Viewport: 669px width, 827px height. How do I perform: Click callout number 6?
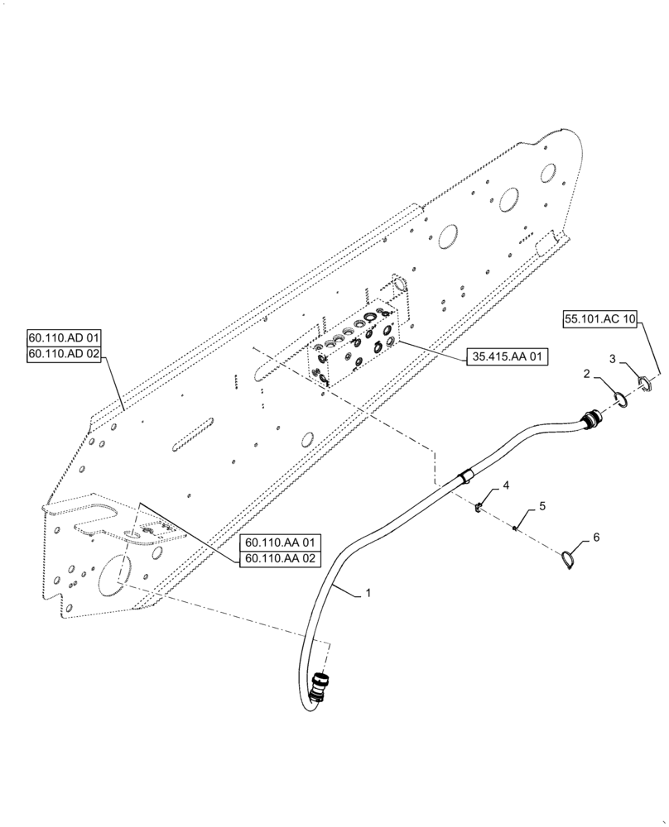[594, 538]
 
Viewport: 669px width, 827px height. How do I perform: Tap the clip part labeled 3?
[645, 381]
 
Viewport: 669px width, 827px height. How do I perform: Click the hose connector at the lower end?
[317, 688]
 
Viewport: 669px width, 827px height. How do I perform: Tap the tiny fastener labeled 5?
[515, 530]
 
